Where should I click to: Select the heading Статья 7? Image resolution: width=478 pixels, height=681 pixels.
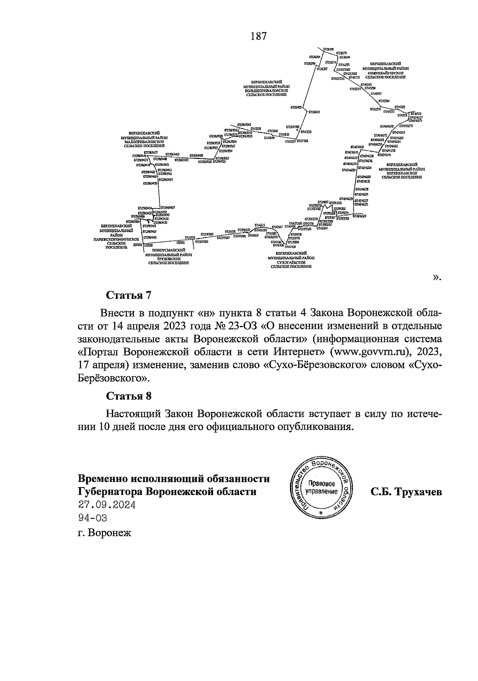pos(129,295)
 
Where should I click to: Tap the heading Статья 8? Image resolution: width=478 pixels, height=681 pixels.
pos(129,396)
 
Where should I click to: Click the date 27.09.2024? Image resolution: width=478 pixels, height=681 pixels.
pos(106,505)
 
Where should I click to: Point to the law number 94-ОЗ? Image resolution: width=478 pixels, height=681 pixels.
pos(92,518)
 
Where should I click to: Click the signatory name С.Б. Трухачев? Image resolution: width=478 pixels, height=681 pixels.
pos(406,492)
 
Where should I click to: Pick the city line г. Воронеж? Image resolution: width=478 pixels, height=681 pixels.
pos(104,533)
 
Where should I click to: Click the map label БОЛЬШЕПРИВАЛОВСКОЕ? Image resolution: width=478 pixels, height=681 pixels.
pos(266,91)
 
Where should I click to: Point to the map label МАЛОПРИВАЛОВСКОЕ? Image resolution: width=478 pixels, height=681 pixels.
pos(144,142)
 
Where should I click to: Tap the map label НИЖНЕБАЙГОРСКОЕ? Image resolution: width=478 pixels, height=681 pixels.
pos(385,73)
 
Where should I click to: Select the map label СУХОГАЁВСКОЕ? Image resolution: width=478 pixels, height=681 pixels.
pos(291,262)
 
